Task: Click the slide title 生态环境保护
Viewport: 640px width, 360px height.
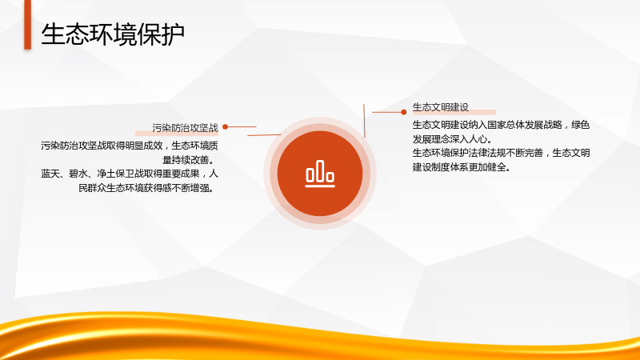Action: click(113, 34)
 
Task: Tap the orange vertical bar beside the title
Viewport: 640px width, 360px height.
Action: click(27, 25)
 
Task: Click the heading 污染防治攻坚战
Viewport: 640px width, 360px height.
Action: click(186, 128)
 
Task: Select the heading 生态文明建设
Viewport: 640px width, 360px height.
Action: click(441, 107)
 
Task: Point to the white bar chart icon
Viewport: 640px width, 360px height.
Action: click(320, 174)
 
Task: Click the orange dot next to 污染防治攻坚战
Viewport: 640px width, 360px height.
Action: click(226, 127)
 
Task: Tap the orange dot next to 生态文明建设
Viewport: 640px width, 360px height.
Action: click(404, 112)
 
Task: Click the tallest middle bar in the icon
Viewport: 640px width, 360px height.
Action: click(320, 170)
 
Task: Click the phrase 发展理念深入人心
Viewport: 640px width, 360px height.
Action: click(450, 138)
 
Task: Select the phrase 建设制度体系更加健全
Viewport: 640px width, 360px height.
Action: click(459, 167)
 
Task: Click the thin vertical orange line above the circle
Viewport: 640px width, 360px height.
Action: click(364, 121)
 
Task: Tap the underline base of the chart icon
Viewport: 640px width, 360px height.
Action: click(320, 186)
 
